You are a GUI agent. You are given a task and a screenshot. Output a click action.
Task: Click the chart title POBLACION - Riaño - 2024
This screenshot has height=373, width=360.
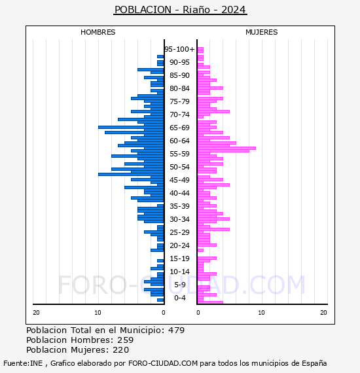(x=180, y=10)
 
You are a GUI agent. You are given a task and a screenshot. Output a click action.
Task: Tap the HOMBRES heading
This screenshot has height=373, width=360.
(x=98, y=32)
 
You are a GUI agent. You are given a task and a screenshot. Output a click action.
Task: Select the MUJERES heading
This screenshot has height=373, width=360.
(x=262, y=32)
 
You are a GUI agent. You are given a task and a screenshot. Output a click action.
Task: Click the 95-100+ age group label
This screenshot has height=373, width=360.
(x=179, y=49)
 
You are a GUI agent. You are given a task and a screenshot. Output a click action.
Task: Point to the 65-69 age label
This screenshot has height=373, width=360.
(x=179, y=128)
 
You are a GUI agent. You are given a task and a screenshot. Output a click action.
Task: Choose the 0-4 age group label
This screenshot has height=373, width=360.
(x=180, y=298)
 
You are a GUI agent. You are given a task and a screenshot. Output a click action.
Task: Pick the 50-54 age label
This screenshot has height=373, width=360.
(x=179, y=167)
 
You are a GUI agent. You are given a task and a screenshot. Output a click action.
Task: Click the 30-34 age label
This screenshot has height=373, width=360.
(x=179, y=219)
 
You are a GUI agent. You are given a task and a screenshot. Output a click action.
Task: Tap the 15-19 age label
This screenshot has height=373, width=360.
(x=179, y=258)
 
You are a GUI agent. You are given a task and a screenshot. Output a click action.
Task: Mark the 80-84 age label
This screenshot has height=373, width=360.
(x=179, y=88)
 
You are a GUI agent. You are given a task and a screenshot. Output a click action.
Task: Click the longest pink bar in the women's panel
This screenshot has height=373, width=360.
(x=226, y=148)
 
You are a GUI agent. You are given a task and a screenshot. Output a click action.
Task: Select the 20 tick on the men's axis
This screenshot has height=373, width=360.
(x=36, y=313)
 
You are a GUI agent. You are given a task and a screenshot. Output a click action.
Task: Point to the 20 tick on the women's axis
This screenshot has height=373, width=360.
(x=323, y=313)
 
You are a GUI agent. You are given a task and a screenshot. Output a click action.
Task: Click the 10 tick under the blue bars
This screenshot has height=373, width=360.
(x=98, y=313)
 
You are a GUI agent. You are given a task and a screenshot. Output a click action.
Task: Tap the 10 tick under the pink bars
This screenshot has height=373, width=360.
(x=261, y=313)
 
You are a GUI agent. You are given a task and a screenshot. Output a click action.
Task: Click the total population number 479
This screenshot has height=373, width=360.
(x=176, y=330)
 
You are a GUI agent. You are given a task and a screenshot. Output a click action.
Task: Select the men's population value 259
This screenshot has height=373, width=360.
(x=126, y=340)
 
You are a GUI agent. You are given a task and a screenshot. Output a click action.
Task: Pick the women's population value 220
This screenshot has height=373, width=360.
(x=120, y=350)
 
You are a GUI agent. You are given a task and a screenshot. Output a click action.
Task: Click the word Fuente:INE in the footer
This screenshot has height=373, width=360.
(x=23, y=363)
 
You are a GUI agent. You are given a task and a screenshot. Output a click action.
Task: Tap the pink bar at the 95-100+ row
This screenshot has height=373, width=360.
(x=200, y=50)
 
